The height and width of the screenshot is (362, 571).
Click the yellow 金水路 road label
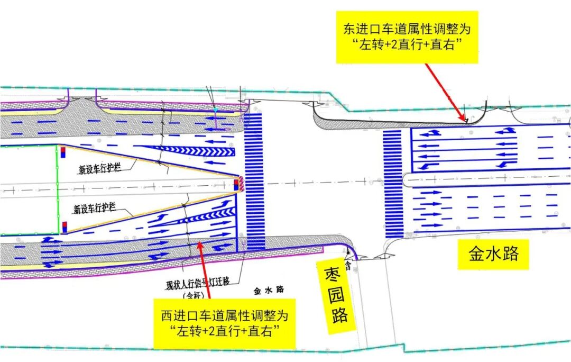point(493,254)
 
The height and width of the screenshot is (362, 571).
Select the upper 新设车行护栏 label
point(100,170)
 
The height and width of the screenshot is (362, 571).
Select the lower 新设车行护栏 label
point(95,209)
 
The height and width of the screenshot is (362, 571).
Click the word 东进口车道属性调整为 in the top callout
point(407,29)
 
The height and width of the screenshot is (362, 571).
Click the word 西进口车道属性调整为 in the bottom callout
point(225,316)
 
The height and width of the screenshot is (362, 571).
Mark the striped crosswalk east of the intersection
point(392,183)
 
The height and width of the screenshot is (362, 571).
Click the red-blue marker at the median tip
point(236,184)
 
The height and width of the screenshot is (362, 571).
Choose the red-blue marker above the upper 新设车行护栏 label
point(63,152)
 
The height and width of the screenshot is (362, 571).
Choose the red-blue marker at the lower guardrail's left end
point(65,227)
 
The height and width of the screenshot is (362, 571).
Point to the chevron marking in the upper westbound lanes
point(190,151)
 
